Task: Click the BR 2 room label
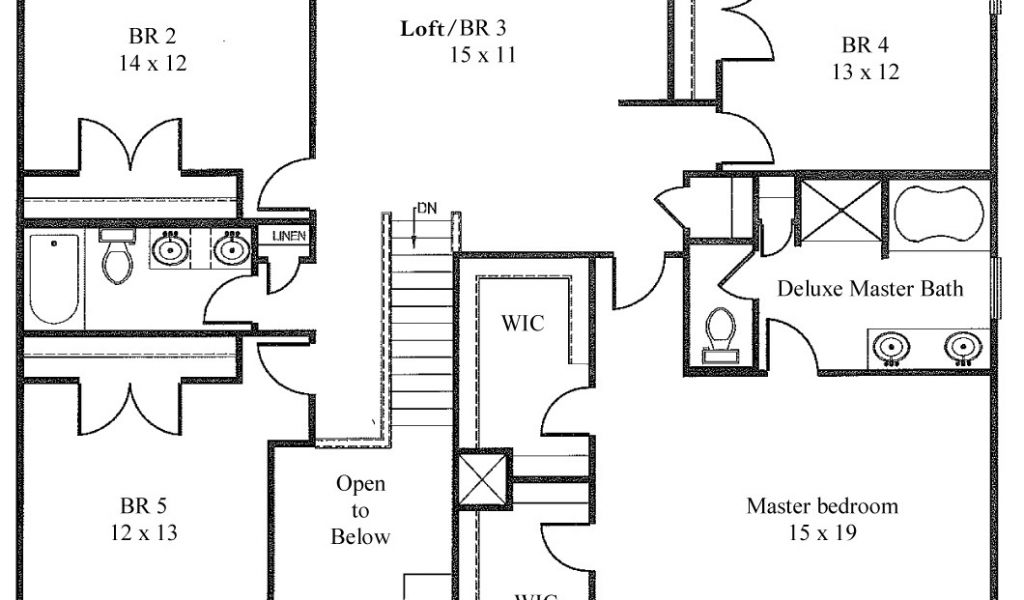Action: click(152, 37)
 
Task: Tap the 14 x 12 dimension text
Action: click(152, 63)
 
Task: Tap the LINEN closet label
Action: click(284, 236)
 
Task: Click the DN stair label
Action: click(427, 208)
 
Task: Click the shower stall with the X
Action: click(842, 210)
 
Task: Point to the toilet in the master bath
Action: click(720, 333)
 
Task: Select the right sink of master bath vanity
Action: click(961, 347)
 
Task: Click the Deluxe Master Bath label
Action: click(870, 289)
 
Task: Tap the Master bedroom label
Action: click(822, 506)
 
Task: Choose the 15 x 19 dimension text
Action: click(822, 533)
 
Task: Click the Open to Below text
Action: click(361, 510)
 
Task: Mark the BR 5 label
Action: click(144, 504)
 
